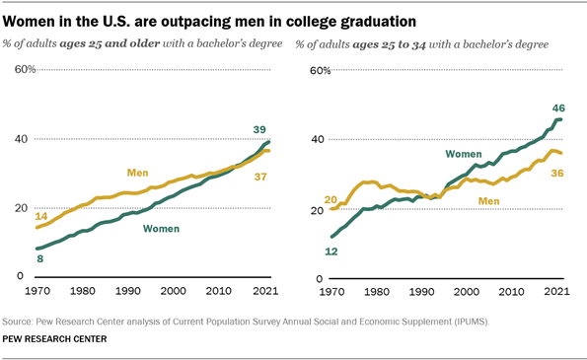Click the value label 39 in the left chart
click(260, 130)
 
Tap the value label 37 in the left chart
click(260, 177)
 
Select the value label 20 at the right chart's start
click(330, 199)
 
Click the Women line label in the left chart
click(162, 229)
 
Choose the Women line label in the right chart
click(463, 154)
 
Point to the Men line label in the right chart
click(490, 200)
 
